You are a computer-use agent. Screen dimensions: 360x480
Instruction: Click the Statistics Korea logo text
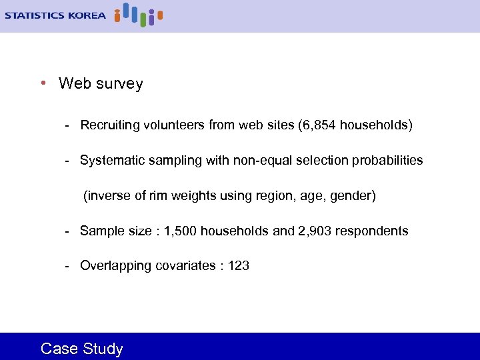click(55, 15)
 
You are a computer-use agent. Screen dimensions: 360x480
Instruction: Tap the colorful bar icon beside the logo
click(138, 14)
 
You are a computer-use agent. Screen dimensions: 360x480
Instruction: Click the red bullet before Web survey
click(42, 83)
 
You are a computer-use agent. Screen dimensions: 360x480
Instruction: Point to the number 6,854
click(320, 125)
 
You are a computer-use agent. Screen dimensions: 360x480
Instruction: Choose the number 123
click(239, 266)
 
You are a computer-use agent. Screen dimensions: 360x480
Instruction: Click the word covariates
click(185, 266)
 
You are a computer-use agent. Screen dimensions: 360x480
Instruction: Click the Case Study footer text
click(82, 349)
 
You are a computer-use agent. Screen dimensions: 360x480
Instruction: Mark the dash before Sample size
click(67, 231)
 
